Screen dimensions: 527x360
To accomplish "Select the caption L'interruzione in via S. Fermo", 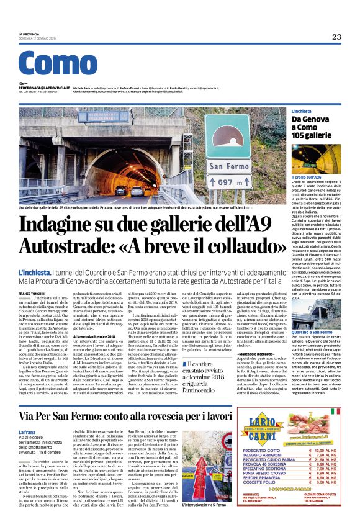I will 209,505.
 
